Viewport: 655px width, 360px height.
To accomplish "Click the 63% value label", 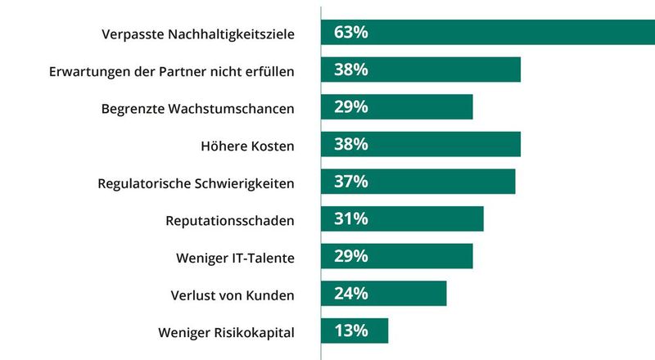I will [350, 33].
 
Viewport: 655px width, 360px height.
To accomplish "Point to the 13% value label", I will [350, 331].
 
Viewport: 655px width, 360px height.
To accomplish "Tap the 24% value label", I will [350, 294].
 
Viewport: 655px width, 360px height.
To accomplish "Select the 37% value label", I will [350, 182].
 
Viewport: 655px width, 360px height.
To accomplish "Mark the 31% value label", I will [350, 219].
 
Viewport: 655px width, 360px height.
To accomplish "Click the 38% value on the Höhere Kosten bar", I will [350, 145].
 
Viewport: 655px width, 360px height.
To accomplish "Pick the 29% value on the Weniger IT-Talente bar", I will [350, 256].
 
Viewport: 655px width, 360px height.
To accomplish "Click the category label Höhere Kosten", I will [247, 146].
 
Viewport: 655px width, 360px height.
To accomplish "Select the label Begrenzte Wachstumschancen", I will [197, 108].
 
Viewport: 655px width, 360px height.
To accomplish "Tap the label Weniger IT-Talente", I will [235, 257].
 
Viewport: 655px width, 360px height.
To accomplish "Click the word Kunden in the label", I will [270, 295].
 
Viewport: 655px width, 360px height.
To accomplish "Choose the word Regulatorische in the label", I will [142, 182].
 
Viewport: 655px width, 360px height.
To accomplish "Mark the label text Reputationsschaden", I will [229, 220].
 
